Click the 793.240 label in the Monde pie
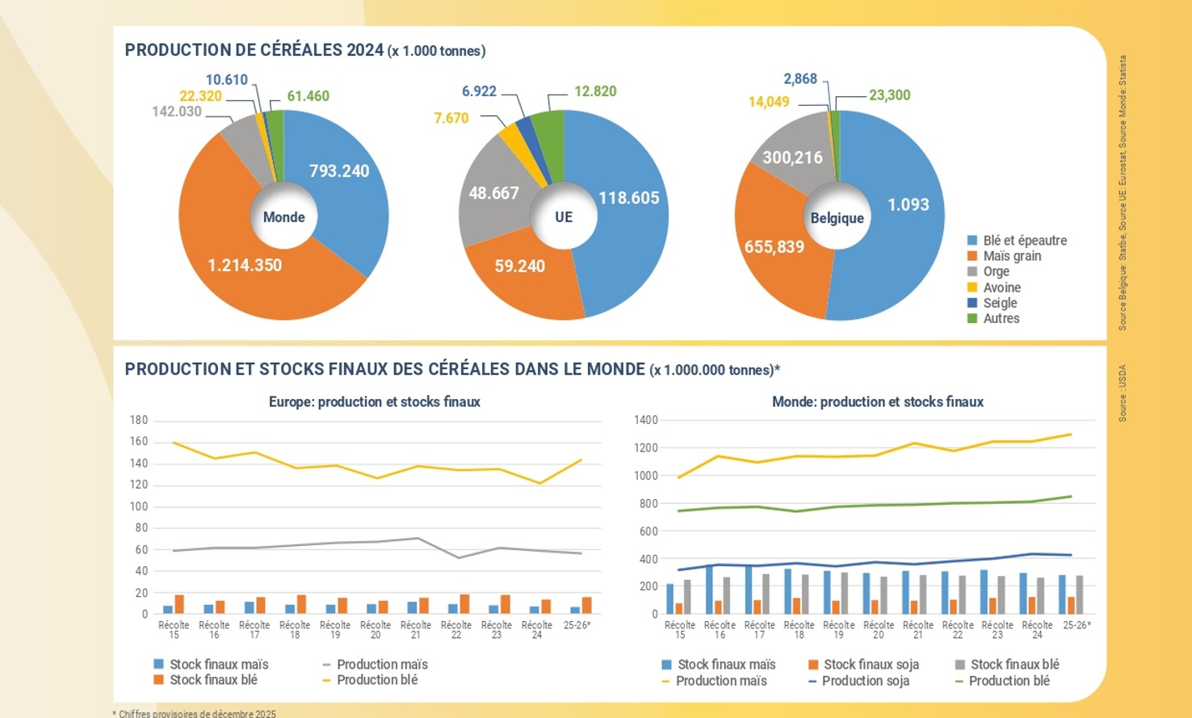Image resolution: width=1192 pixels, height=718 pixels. click(x=339, y=171)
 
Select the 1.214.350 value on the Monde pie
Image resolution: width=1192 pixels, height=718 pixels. click(x=245, y=266)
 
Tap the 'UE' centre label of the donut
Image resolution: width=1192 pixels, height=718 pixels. click(x=564, y=217)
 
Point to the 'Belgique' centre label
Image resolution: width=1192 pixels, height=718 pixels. click(x=837, y=218)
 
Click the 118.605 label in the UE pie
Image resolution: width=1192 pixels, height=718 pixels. click(x=628, y=198)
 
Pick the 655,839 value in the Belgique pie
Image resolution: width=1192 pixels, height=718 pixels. click(x=774, y=247)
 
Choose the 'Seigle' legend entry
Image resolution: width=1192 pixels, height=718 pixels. click(x=1000, y=303)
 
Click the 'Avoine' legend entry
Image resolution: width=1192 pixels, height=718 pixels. click(x=1001, y=288)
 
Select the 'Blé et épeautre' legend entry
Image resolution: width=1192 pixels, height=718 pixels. click(x=1024, y=241)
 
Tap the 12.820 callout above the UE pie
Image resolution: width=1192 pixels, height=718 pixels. click(x=595, y=91)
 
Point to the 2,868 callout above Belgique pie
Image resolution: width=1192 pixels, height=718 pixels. click(x=800, y=79)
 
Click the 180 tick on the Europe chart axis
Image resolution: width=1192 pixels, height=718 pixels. click(x=139, y=420)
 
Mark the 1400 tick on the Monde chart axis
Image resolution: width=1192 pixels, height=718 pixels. click(x=646, y=420)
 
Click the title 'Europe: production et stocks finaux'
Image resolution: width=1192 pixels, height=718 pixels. click(x=374, y=402)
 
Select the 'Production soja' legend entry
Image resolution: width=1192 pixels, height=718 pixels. click(x=865, y=681)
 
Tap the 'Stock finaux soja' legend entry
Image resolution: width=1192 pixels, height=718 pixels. click(x=871, y=665)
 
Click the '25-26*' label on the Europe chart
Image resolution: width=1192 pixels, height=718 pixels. click(x=577, y=625)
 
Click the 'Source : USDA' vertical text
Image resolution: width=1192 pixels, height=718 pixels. click(x=1123, y=393)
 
